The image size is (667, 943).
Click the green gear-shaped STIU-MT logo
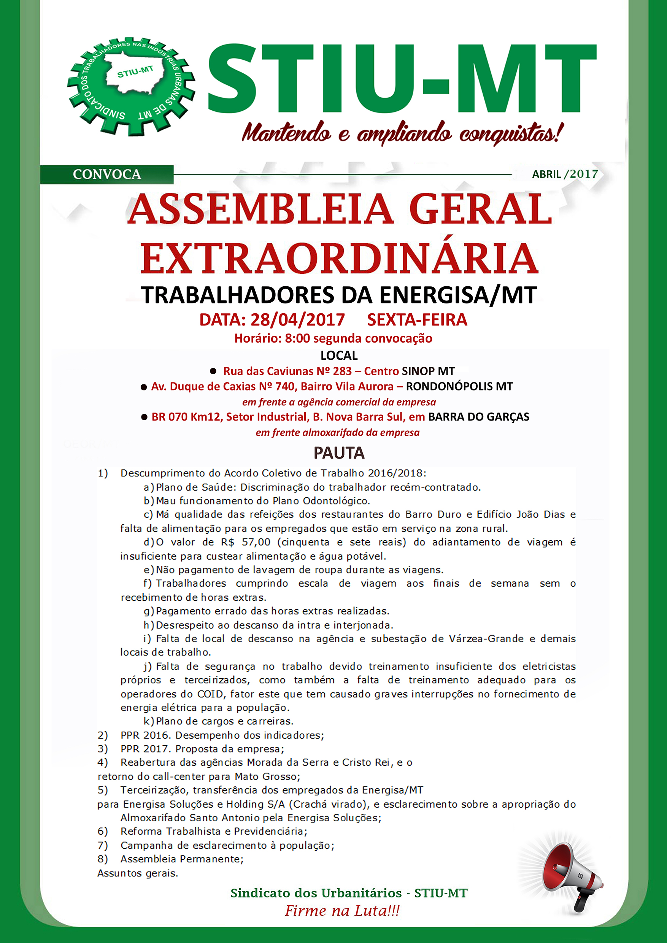click(130, 86)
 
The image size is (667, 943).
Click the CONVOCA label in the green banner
click(107, 174)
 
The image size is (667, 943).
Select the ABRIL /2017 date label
click(565, 174)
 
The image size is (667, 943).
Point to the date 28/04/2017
click(297, 320)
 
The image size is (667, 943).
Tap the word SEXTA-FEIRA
click(417, 320)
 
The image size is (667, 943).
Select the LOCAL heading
click(339, 355)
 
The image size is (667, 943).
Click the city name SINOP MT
click(428, 371)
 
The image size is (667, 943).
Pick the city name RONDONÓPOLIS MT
click(459, 386)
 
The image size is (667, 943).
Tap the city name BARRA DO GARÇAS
click(478, 417)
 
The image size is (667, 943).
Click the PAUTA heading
click(339, 453)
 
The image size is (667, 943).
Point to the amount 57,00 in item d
click(256, 542)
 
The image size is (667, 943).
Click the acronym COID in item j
click(210, 694)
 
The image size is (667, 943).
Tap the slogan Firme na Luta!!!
click(342, 911)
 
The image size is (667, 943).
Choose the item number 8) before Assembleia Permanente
click(103, 859)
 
